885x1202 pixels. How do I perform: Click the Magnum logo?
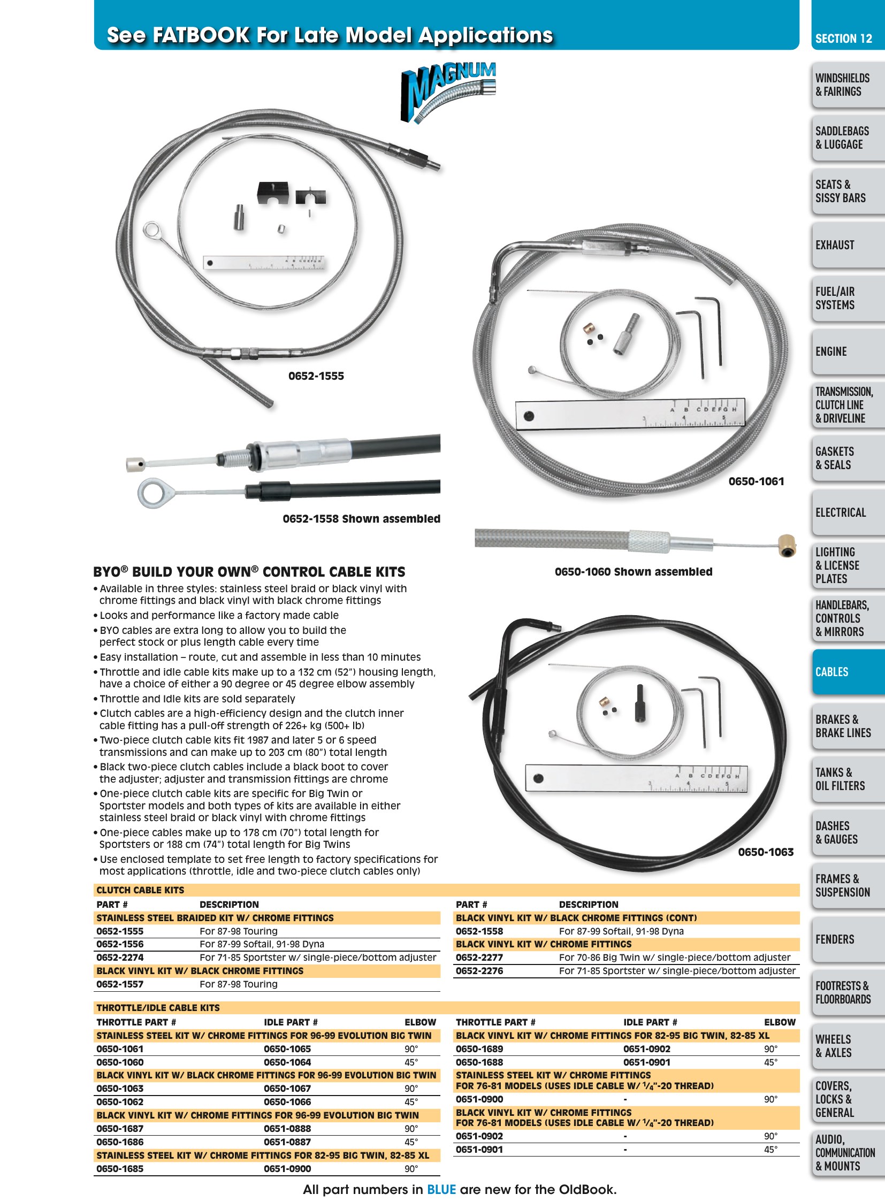[448, 92]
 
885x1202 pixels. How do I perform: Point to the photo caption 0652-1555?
[316, 376]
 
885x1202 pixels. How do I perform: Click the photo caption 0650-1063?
[766, 852]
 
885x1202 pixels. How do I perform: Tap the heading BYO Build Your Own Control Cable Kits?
[249, 571]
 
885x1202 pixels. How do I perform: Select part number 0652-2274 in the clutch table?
[120, 957]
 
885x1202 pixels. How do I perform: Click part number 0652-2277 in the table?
[479, 957]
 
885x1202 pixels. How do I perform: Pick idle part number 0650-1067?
[287, 1089]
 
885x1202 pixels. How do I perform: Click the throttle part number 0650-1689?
[479, 1049]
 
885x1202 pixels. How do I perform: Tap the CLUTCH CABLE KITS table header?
[140, 890]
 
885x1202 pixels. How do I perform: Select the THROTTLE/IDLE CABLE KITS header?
[158, 1008]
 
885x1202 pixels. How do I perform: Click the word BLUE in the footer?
[441, 1190]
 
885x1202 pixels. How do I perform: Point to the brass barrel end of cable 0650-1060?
[787, 545]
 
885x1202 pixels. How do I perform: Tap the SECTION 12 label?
[844, 39]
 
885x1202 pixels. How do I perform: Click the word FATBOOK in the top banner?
[201, 35]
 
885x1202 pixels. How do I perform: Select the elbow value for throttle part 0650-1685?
[411, 1169]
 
